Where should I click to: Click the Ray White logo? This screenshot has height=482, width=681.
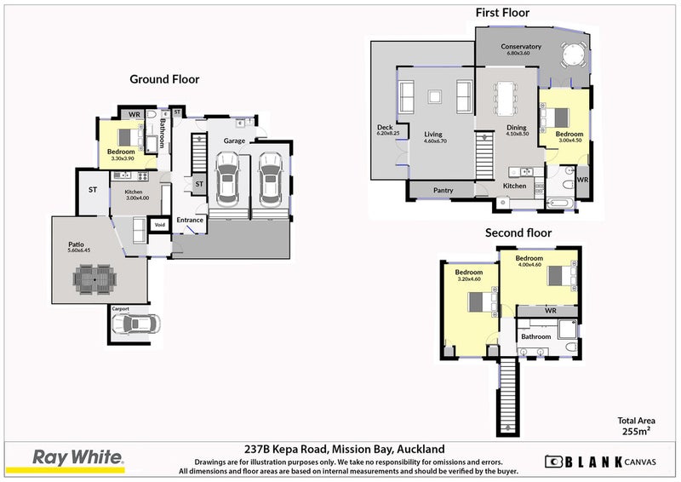tap(77, 458)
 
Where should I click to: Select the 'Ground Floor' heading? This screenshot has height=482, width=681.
tap(164, 79)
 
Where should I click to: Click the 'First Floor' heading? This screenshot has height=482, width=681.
tap(502, 13)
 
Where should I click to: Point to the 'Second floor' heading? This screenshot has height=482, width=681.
tap(518, 232)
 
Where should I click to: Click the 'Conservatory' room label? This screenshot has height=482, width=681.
tap(521, 46)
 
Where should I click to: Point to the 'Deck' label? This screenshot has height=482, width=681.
tap(385, 129)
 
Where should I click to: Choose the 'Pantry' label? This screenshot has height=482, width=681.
tap(443, 191)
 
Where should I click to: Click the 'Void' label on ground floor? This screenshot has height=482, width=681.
tap(159, 226)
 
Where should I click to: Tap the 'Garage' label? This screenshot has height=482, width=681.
tap(235, 141)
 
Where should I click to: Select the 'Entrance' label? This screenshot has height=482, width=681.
tap(189, 221)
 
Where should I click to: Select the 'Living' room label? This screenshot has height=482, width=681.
tap(434, 134)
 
